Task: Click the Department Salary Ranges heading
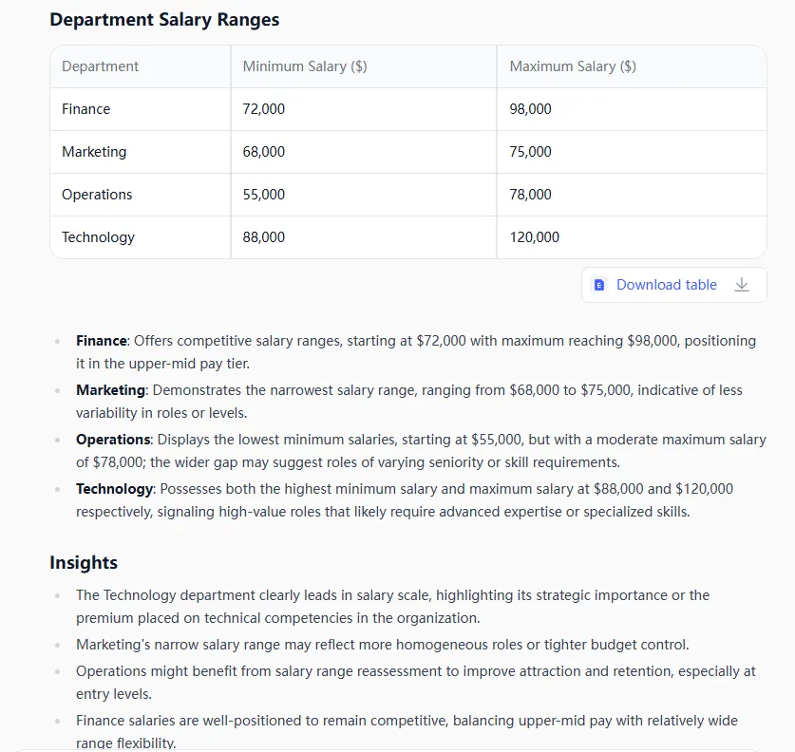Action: pyautogui.click(x=164, y=20)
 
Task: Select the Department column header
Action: pyautogui.click(x=100, y=66)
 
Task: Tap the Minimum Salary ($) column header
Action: pyautogui.click(x=305, y=66)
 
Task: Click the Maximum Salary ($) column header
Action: pyautogui.click(x=573, y=66)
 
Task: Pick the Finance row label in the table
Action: pyautogui.click(x=85, y=109)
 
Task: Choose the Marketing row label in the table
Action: pyautogui.click(x=94, y=152)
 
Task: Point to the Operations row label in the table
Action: pyautogui.click(x=97, y=195)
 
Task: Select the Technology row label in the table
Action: pyautogui.click(x=98, y=237)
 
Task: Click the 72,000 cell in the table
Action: pyautogui.click(x=263, y=109)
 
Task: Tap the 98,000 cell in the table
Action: pyautogui.click(x=530, y=109)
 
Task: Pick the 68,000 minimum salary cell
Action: pyautogui.click(x=263, y=152)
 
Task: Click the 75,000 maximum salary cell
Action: pyautogui.click(x=530, y=152)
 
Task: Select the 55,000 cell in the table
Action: pyautogui.click(x=263, y=195)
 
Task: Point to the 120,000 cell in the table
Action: pyautogui.click(x=535, y=237)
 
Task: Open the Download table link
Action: pyautogui.click(x=666, y=285)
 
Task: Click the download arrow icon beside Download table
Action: pyautogui.click(x=742, y=285)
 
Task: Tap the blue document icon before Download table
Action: pyautogui.click(x=599, y=285)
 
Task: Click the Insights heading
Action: pyautogui.click(x=84, y=563)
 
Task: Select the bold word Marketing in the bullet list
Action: pyautogui.click(x=111, y=390)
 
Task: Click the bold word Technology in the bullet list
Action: pyautogui.click(x=114, y=489)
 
